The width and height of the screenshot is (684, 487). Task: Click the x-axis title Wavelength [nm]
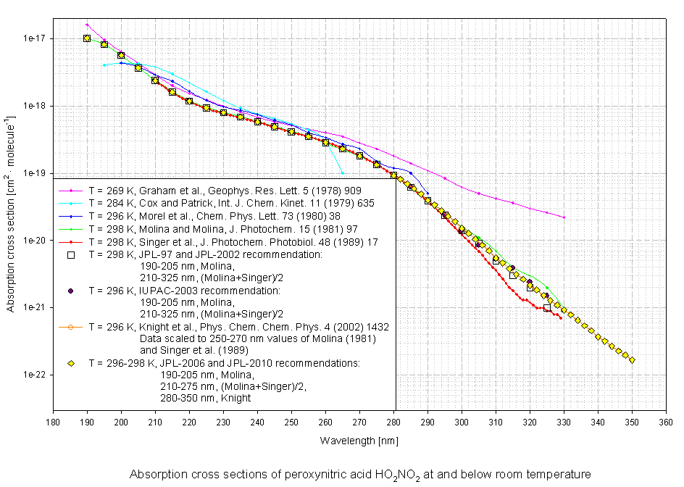click(359, 440)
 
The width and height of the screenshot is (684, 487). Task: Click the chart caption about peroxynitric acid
click(360, 475)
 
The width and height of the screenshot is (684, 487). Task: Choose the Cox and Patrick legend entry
click(231, 204)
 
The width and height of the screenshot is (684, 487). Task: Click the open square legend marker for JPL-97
click(71, 254)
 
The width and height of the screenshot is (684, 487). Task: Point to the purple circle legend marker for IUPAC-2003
click(71, 290)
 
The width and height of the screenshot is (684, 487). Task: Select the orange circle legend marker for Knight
click(71, 326)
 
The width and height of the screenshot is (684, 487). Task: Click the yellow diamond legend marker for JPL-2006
click(71, 362)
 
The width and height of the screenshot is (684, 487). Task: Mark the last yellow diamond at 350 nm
click(632, 360)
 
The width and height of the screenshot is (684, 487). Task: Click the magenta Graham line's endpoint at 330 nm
click(564, 217)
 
